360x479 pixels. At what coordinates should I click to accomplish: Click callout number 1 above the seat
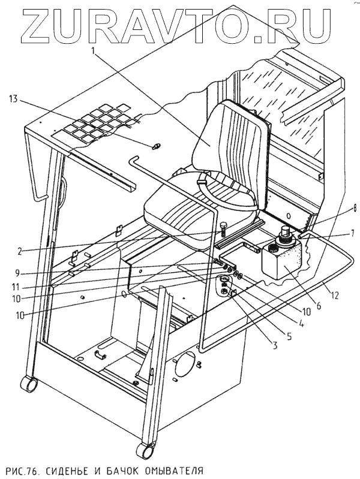tap(92, 52)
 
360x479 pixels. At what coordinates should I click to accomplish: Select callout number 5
tap(289, 338)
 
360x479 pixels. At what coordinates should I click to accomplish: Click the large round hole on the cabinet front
tap(185, 363)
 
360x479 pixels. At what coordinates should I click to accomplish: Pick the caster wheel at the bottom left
tap(27, 383)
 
